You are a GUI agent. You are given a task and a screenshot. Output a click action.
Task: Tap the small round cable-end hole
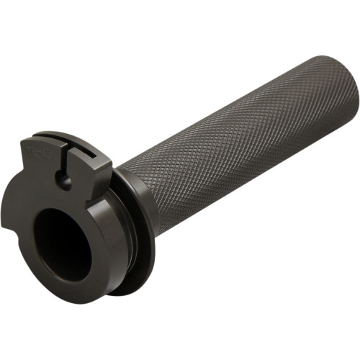[65, 181]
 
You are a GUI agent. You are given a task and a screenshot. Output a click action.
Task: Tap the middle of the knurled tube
[238, 144]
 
